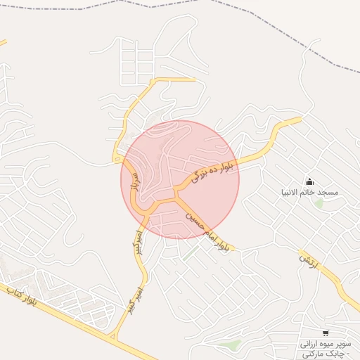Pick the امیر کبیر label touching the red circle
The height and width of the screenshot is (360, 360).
[x=138, y=241]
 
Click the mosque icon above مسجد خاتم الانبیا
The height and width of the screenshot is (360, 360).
[x=309, y=181]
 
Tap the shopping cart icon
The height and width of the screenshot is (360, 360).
[x=325, y=333]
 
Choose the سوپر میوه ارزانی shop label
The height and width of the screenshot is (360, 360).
[x=325, y=344]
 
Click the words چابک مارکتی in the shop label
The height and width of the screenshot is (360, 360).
[x=324, y=354]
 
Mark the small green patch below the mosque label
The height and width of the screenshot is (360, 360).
[x=319, y=204]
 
